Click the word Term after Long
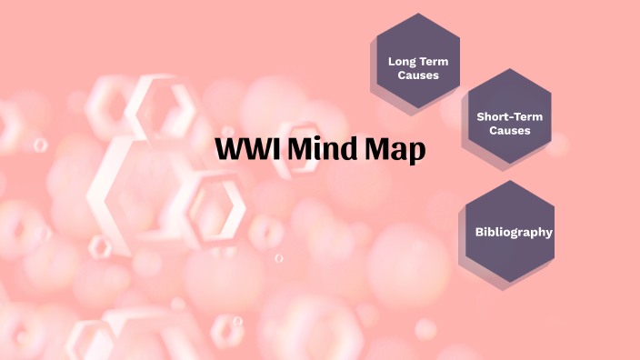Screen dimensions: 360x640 click(435, 62)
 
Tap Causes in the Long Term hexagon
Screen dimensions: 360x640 click(418, 75)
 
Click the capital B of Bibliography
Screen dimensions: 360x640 click(479, 232)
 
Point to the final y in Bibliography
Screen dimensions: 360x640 click(548, 234)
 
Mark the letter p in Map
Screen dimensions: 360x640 click(416, 153)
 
